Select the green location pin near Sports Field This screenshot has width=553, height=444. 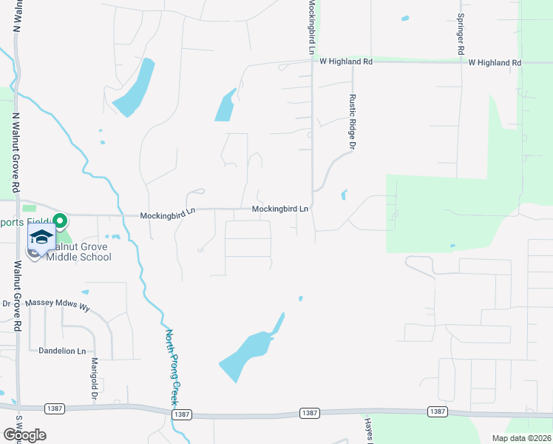coord(60,221)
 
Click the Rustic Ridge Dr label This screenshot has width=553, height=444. coord(353,121)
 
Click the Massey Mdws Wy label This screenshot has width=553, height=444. coord(58,303)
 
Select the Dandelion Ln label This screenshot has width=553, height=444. coord(63,351)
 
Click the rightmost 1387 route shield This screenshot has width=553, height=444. coord(437,411)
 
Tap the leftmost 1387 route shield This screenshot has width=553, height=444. coord(55,408)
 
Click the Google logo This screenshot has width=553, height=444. coord(24,435)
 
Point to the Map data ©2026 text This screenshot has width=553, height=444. coord(521,438)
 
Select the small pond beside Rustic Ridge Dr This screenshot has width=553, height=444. coord(343,195)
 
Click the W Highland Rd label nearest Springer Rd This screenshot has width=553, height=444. coord(495,63)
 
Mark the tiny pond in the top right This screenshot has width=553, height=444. coord(404,18)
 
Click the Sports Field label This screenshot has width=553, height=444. coord(24,221)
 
